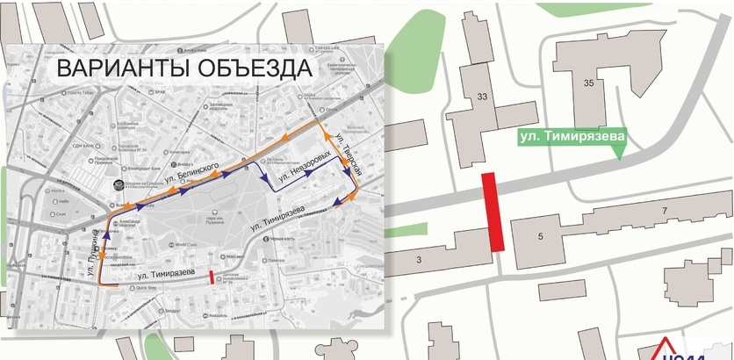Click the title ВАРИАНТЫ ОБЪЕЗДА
click(x=183, y=68)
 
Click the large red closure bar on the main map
click(x=492, y=212)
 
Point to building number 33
click(x=482, y=97)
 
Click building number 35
click(x=588, y=82)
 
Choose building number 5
click(x=542, y=234)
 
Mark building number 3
click(x=419, y=258)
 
